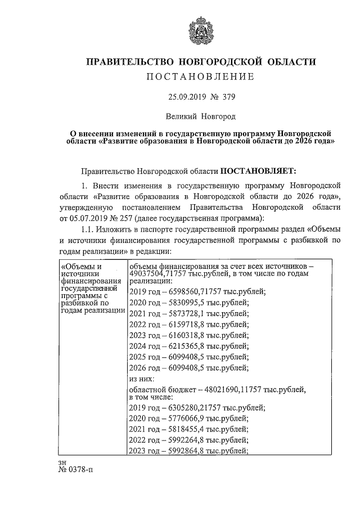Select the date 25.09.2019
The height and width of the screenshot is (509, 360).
[187, 96]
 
